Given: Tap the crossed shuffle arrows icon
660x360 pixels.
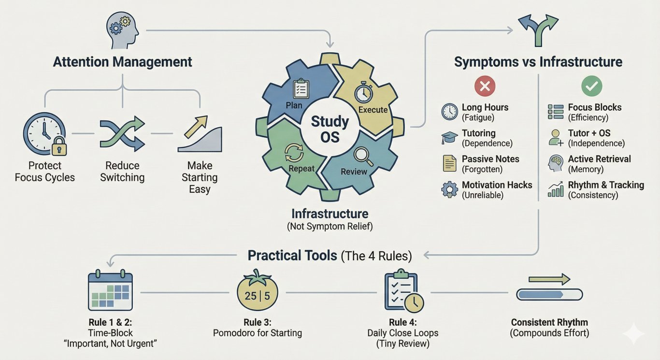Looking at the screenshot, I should pyautogui.click(x=122, y=133).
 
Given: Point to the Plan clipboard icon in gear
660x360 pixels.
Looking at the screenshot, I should pyautogui.click(x=301, y=89).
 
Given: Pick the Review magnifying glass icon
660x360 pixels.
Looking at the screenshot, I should pyautogui.click(x=360, y=156).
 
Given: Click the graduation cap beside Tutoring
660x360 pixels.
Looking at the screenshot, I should pyautogui.click(x=449, y=138).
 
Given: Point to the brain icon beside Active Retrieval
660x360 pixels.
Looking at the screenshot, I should pyautogui.click(x=555, y=164).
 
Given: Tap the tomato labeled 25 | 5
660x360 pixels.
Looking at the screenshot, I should pyautogui.click(x=258, y=293).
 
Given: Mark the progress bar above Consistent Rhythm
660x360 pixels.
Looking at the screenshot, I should pyautogui.click(x=549, y=294).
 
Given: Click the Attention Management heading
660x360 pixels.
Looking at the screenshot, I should pyautogui.click(x=122, y=62).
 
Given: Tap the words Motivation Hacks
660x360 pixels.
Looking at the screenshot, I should pyautogui.click(x=497, y=185).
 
